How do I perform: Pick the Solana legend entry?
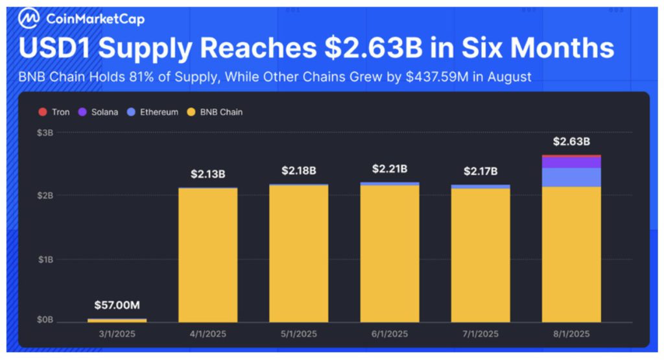click(99, 112)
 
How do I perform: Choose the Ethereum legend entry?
click(153, 112)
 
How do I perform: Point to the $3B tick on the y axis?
click(43, 132)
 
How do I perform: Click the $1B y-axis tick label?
click(43, 259)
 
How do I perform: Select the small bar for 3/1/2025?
click(117, 320)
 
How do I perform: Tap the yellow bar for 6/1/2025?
click(390, 253)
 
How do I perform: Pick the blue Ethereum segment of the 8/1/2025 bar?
click(571, 177)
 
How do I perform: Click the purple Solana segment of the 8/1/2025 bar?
click(571, 162)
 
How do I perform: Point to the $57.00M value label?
click(117, 305)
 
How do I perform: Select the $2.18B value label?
click(299, 171)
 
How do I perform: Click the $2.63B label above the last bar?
click(571, 141)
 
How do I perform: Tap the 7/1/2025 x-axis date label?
click(480, 334)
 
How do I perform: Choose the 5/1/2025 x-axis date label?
click(299, 334)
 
